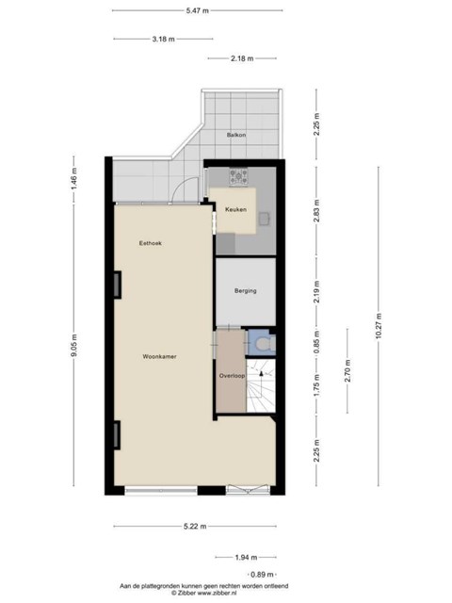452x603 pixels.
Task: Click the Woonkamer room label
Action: click(159, 356)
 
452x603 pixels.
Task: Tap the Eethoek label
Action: click(151, 243)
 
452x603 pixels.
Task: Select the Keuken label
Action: click(235, 209)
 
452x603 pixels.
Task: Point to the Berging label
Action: click(245, 291)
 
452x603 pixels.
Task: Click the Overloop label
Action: click(232, 376)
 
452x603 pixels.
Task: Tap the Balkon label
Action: click(236, 135)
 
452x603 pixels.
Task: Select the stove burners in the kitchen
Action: click(238, 176)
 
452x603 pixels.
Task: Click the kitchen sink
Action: click(265, 219)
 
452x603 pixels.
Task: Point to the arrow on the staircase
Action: click(261, 374)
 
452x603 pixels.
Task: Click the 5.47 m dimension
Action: click(198, 10)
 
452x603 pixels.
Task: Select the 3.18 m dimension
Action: click(163, 39)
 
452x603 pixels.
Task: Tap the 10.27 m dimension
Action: click(379, 326)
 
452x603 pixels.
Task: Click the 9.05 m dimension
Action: click(74, 345)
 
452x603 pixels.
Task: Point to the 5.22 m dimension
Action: click(195, 526)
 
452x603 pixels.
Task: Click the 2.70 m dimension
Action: click(347, 370)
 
